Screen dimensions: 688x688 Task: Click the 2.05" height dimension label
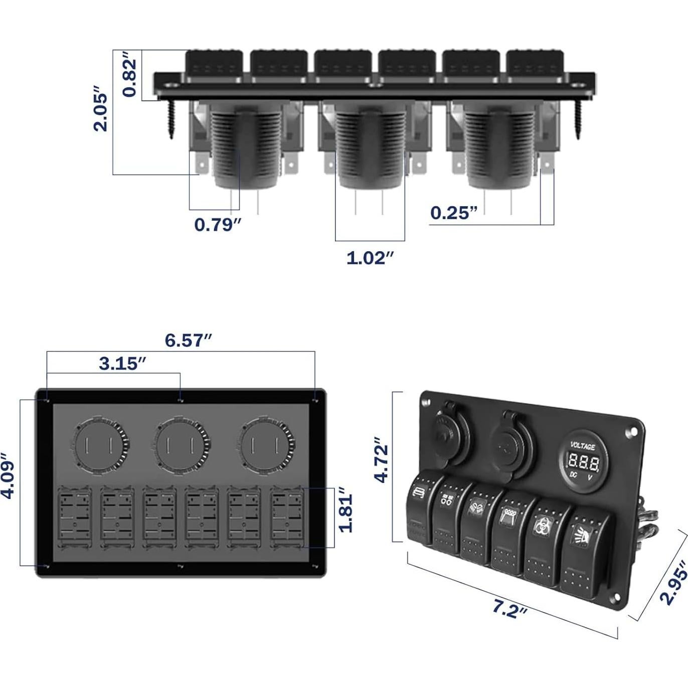101,111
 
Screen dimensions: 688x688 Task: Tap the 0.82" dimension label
129,77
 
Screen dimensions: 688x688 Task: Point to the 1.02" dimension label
370,258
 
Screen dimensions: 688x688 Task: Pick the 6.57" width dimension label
189,340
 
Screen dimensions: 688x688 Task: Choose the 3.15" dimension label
122,364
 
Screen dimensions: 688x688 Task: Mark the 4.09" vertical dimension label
8,476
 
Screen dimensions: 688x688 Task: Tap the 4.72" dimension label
382,462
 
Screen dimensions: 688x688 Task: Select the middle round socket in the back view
181,445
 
